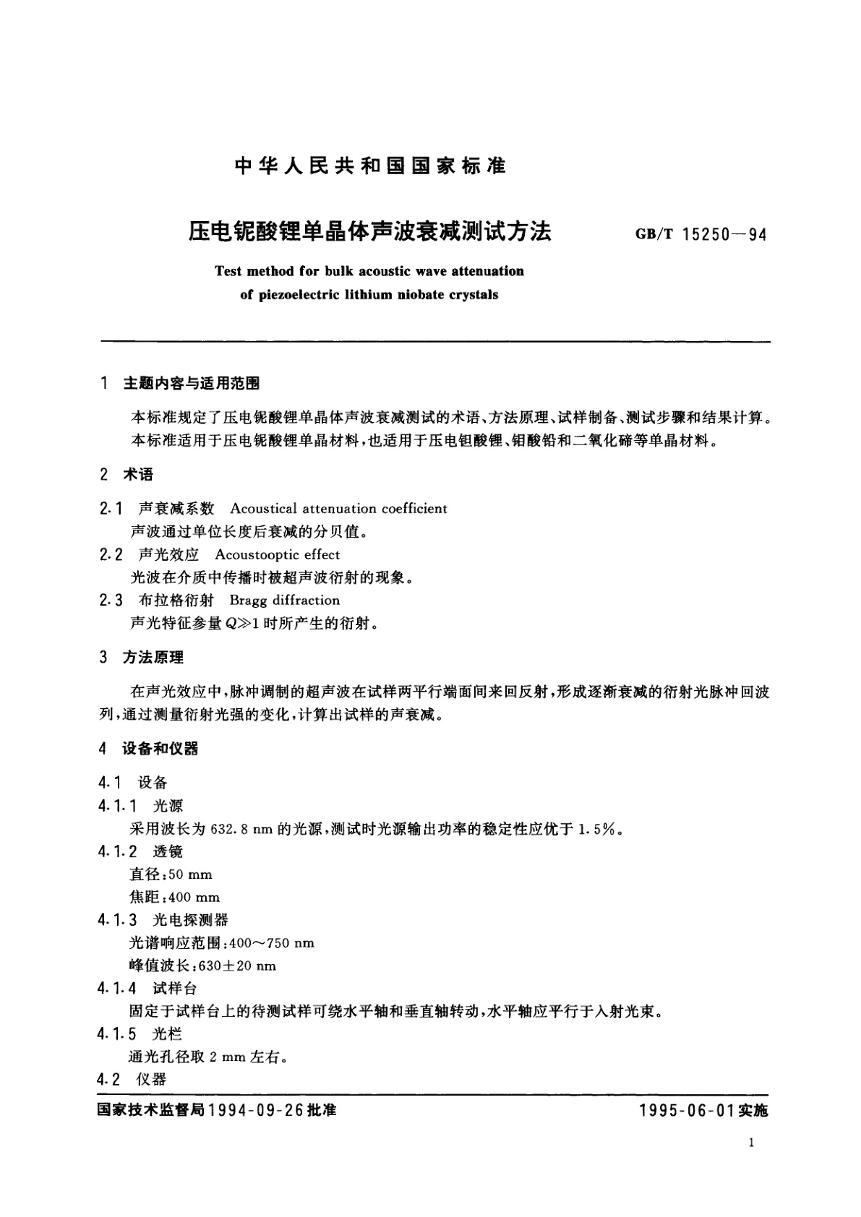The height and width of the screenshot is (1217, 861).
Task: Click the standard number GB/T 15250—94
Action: tap(701, 234)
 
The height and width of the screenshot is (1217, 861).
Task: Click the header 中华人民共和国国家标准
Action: tap(371, 166)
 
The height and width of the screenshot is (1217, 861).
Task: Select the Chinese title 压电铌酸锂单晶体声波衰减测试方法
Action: tap(370, 231)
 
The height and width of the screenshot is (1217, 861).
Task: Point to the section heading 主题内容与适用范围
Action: tap(192, 383)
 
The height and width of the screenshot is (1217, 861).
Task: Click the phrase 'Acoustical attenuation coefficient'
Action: tap(338, 509)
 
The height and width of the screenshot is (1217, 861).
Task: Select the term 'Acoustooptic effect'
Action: tap(277, 554)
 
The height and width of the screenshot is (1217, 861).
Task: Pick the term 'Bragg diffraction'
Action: tap(284, 601)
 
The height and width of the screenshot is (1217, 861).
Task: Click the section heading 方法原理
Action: tap(153, 657)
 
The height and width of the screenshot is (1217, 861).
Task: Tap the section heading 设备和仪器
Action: tap(160, 749)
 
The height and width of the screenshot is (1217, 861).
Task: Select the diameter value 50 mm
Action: tap(190, 874)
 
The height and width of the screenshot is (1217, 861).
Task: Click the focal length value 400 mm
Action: tap(194, 898)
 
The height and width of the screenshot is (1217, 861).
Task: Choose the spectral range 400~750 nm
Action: tap(271, 943)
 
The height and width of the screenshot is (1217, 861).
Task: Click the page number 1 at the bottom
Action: tap(753, 1143)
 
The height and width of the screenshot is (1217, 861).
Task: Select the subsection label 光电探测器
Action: tap(190, 920)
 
